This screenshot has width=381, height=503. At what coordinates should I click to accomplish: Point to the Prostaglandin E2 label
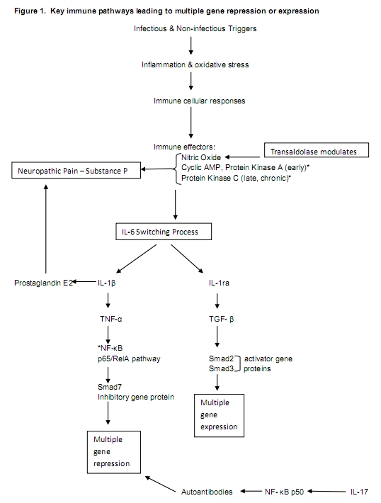(44, 283)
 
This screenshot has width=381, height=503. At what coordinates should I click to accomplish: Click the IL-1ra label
(219, 283)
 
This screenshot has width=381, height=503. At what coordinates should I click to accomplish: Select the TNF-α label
(111, 319)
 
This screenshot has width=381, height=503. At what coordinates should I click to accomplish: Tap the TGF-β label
(221, 319)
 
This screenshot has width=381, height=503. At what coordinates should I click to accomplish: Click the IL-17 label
(359, 492)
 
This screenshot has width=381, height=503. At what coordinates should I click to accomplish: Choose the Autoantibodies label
(207, 492)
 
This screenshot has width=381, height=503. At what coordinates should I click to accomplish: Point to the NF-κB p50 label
(284, 492)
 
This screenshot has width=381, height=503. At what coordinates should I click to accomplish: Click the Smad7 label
(110, 387)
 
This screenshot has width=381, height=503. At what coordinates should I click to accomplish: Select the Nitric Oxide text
(201, 157)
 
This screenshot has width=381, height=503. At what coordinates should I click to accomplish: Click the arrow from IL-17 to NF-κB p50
(326, 491)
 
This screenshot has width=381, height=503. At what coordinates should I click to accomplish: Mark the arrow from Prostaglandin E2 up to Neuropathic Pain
(46, 229)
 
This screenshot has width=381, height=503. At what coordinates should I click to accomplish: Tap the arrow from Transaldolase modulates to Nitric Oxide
(242, 157)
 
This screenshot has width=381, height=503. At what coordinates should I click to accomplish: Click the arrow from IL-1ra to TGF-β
(217, 301)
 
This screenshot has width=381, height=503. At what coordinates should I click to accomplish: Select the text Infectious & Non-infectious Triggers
(195, 28)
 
